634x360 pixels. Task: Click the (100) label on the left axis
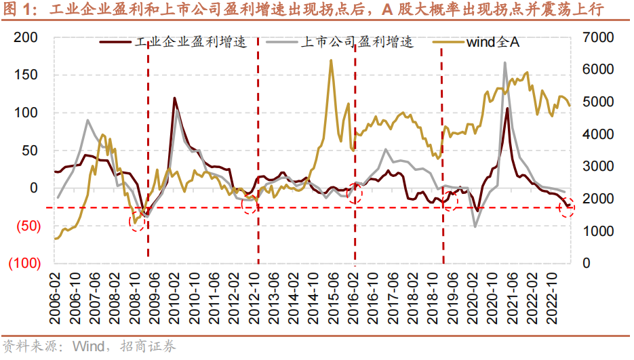coord(25,263)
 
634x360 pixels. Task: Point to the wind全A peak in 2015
coord(331,60)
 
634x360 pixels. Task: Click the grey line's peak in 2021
coord(504,63)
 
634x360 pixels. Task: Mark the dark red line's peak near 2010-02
coord(174,98)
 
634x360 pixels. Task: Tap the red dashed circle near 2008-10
coord(137,223)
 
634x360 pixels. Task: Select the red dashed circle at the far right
coord(568,209)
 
